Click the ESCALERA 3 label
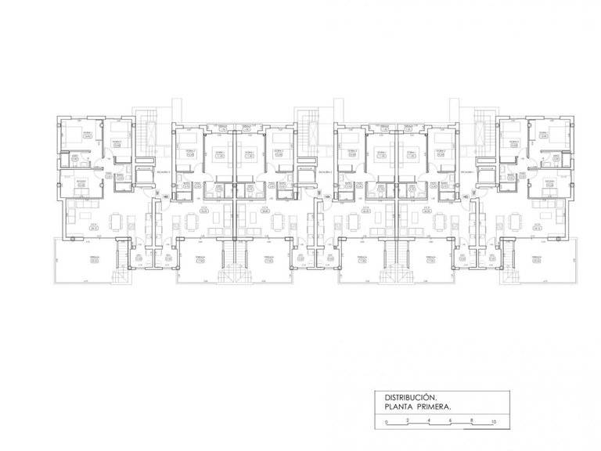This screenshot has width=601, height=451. (165, 169)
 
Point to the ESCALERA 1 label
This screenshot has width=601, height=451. (470, 169)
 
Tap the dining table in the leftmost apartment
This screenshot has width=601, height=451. (115, 222)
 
